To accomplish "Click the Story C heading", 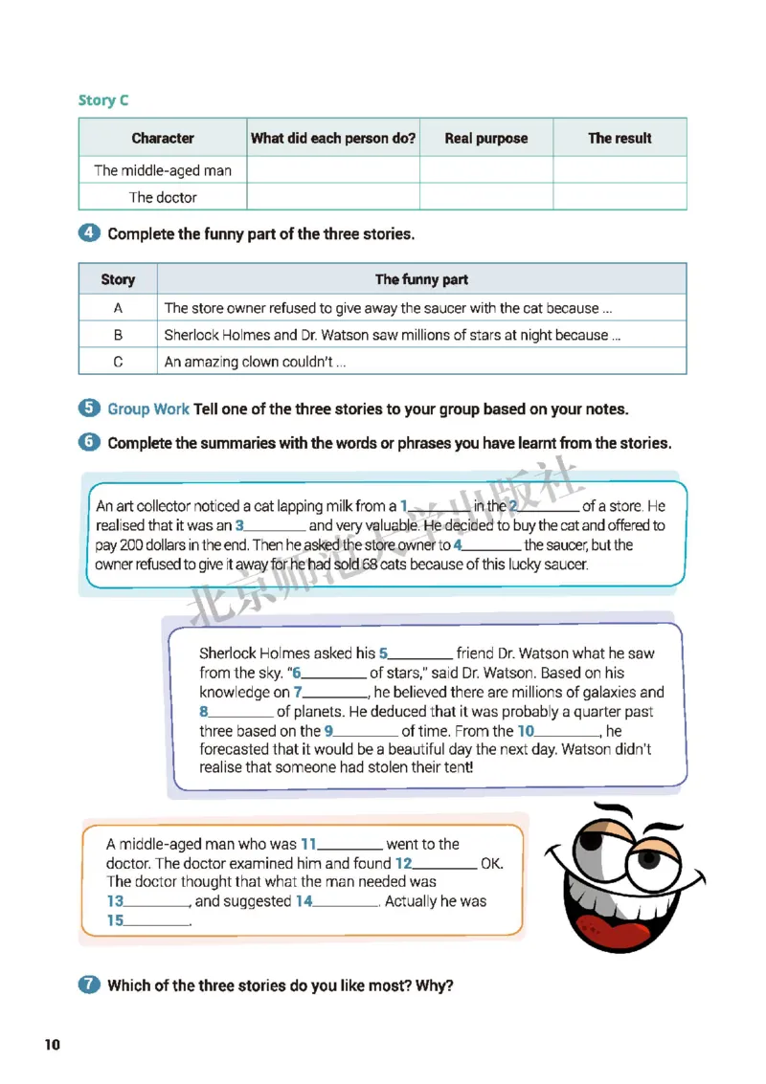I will coord(103,100).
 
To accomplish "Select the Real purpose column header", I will coord(485,138).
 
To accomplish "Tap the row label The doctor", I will coord(163,197).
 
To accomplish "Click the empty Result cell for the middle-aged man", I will coord(620,170).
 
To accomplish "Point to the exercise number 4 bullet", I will coord(88,233).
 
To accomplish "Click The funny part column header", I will coord(421,279).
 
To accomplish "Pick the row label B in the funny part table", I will coord(118,335).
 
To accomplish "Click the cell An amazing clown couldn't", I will coord(256,362).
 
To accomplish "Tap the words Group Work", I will coord(148,409).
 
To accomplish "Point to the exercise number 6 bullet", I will coord(88,442).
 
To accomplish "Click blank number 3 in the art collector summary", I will coord(275,526).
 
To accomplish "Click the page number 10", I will coord(52,1044).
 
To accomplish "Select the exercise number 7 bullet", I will coord(88,985).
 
